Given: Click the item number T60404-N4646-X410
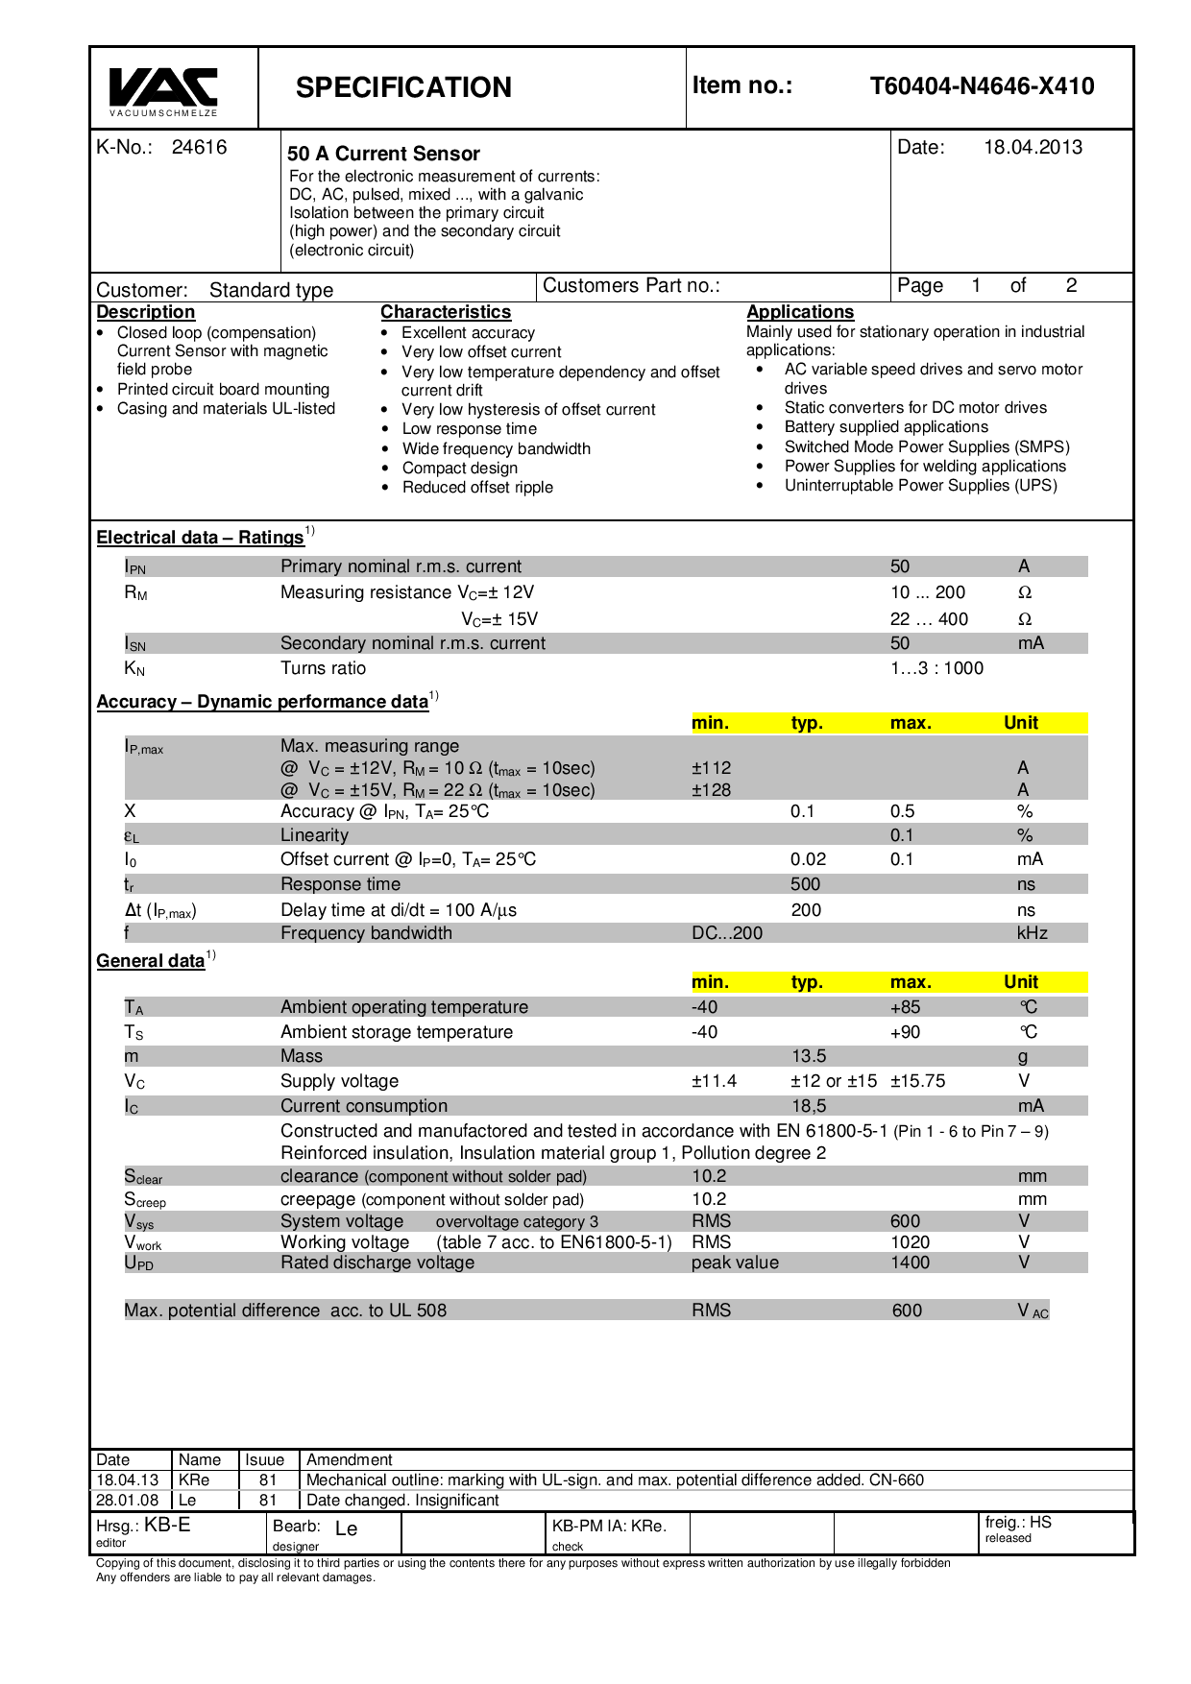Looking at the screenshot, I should pos(982,86).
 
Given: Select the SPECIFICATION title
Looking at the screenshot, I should pos(403,87).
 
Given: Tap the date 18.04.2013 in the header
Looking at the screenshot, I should pos(1033,147).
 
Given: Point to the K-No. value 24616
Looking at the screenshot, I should pos(199,147).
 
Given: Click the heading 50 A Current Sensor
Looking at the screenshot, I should pos(383,154).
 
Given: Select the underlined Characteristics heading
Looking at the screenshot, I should pos(446,312).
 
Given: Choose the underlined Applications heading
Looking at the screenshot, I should pos(800,312).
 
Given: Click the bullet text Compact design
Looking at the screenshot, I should pos(459,468).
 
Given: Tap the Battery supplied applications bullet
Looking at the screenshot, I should pos(886,427).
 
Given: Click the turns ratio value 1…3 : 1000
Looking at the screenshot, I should pos(936,668).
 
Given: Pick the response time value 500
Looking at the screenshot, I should pos(805,884).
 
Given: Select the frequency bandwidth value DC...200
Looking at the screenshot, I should pos(727,933).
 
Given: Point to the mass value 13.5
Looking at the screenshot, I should pos(809,1056).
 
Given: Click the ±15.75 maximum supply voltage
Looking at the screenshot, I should pos(917,1081).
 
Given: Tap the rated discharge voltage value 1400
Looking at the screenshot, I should pos(910,1263).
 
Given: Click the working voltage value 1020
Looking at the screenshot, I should pos(910,1242).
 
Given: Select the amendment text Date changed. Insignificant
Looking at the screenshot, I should pos(402,1501).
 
